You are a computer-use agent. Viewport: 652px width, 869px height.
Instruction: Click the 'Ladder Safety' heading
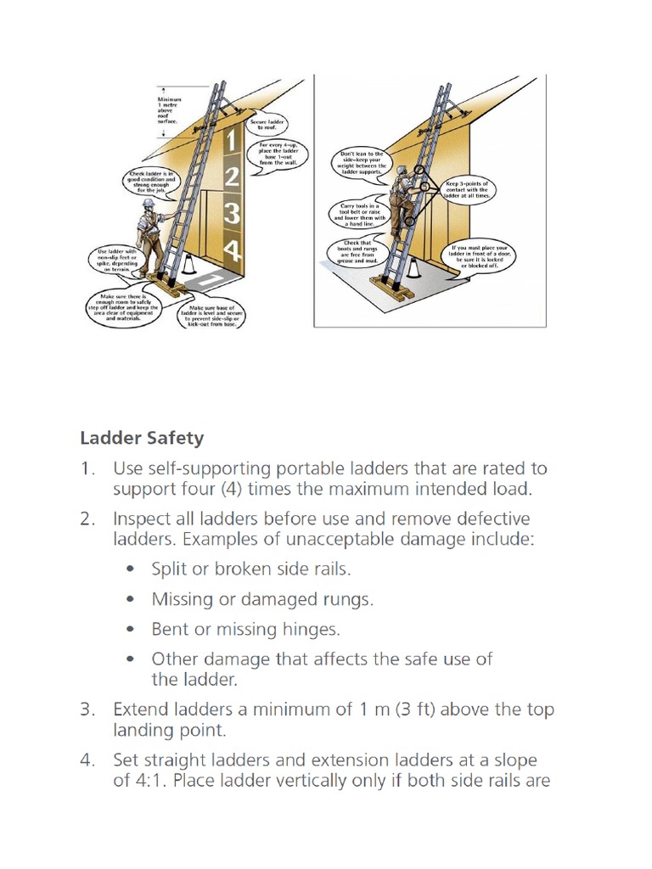pyautogui.click(x=142, y=438)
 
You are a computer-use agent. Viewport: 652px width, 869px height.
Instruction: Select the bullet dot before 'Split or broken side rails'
pyautogui.click(x=129, y=569)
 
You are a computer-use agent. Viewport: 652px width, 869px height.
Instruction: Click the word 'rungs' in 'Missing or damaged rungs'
pyautogui.click(x=345, y=599)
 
